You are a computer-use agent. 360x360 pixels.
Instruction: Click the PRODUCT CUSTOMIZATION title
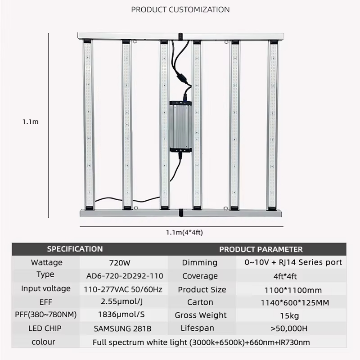(180, 9)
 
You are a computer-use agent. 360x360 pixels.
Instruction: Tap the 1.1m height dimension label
(30, 121)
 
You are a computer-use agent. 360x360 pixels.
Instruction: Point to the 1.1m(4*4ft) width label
(184, 233)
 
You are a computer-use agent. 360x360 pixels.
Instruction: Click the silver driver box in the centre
(180, 127)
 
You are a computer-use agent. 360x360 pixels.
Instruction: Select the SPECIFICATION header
(75, 249)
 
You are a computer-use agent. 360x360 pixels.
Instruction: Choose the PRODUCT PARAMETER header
(261, 250)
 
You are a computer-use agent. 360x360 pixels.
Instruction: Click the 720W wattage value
(120, 263)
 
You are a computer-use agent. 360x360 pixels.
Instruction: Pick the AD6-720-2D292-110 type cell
(125, 276)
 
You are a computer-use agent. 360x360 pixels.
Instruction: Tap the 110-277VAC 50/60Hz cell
(123, 289)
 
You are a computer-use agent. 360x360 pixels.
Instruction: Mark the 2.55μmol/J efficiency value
(121, 301)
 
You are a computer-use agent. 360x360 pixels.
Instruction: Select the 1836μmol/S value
(121, 315)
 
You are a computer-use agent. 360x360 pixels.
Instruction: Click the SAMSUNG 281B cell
(122, 329)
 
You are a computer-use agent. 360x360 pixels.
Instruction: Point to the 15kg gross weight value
(289, 316)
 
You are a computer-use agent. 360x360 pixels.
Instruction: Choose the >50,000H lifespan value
(289, 328)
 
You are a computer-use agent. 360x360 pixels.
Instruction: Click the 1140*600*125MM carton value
(295, 303)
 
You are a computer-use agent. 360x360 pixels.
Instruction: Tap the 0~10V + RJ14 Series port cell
(293, 262)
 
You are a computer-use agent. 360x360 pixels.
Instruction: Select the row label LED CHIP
(45, 328)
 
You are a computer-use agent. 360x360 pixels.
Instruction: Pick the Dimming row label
(199, 263)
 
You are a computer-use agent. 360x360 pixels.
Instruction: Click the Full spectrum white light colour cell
(201, 342)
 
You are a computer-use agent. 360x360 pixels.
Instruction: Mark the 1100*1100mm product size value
(293, 290)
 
